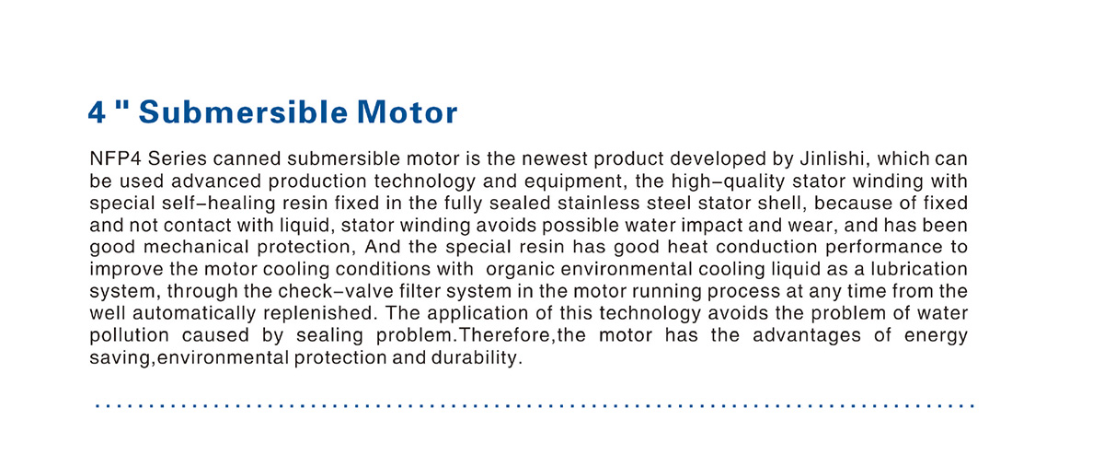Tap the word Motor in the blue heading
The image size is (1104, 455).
404,113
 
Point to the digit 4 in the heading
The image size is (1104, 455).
97,113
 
